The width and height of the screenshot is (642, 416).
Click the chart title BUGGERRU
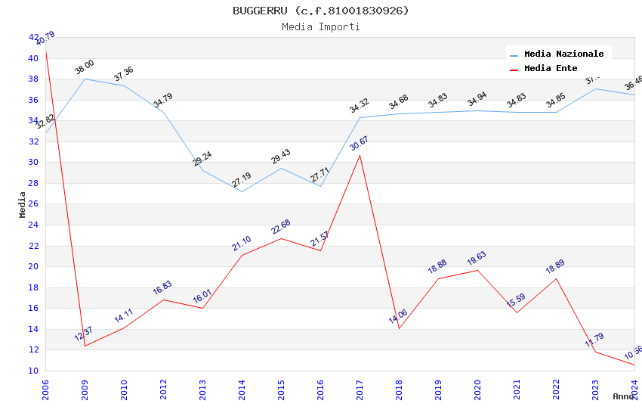pyautogui.click(x=320, y=11)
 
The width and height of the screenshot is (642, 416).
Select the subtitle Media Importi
pyautogui.click(x=320, y=26)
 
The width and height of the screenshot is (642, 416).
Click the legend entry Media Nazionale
pyautogui.click(x=563, y=54)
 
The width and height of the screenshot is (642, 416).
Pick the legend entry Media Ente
pyautogui.click(x=551, y=68)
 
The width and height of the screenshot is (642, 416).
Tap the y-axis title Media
pyautogui.click(x=23, y=204)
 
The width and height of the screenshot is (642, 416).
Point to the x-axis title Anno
pyautogui.click(x=623, y=396)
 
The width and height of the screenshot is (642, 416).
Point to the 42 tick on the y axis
pyautogui.click(x=33, y=37)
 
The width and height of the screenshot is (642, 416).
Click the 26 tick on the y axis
pyautogui.click(x=33, y=204)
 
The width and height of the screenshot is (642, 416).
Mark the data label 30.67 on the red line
pyautogui.click(x=360, y=143)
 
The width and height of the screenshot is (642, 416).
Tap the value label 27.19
pyautogui.click(x=242, y=180)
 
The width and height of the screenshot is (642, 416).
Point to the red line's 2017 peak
pyautogui.click(x=360, y=155)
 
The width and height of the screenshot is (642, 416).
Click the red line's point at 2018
pyautogui.click(x=399, y=328)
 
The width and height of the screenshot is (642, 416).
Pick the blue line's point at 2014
pyautogui.click(x=242, y=191)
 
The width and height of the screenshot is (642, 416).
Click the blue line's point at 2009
pyautogui.click(x=85, y=79)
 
